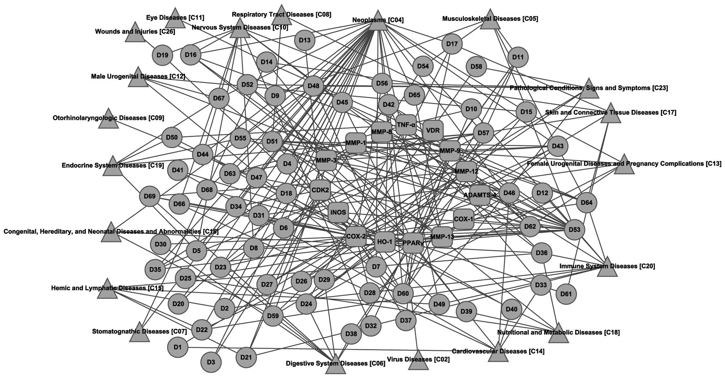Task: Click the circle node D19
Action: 162,55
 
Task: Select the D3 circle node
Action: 211,362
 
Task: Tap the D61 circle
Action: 566,294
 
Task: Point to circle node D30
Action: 160,244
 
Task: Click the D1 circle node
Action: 178,348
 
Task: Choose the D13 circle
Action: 305,40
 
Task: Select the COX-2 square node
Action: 356,237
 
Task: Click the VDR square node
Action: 433,130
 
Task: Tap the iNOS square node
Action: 338,212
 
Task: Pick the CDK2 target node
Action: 320,190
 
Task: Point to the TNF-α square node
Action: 406,125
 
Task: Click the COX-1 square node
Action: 464,219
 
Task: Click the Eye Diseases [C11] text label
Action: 175,17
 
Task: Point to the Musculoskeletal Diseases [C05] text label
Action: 490,18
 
